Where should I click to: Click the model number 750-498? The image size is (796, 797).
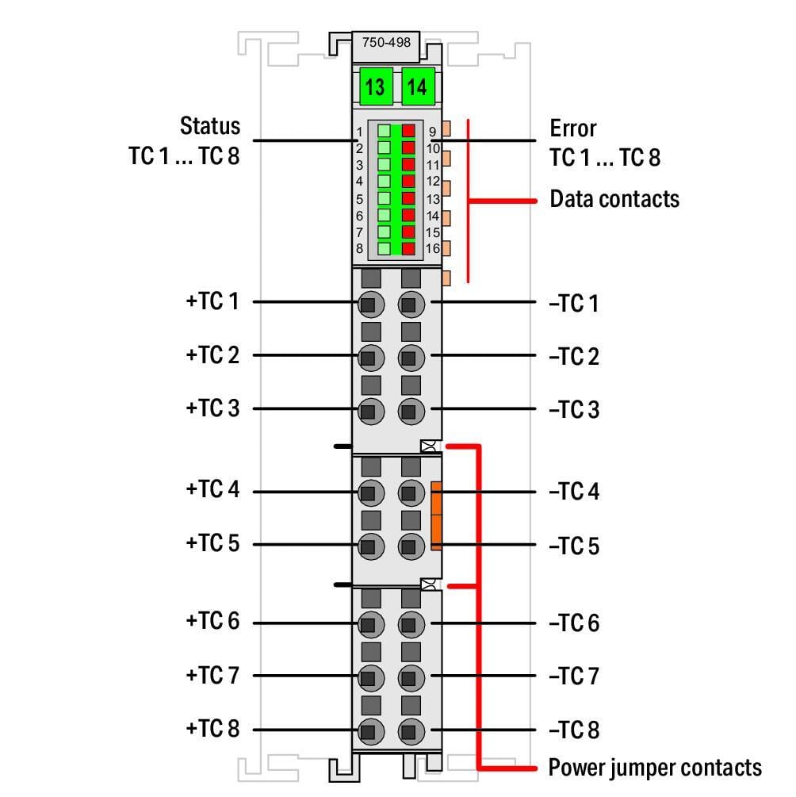[386, 42]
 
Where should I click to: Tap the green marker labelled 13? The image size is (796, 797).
[376, 86]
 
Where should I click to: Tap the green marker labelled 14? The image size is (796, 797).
[418, 86]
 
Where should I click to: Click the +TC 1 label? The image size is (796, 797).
[212, 301]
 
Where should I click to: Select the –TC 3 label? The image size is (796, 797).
[574, 409]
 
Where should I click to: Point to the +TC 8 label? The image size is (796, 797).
[212, 728]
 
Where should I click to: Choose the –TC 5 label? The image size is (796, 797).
[574, 546]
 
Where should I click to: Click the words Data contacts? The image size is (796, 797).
[614, 199]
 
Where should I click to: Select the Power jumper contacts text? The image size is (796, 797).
[655, 768]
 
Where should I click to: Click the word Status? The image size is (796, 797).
[210, 125]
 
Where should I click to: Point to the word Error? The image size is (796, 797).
[573, 128]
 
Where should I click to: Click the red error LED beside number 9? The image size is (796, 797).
[408, 131]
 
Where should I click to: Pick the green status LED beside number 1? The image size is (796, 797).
[385, 131]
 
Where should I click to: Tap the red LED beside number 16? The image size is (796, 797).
[408, 248]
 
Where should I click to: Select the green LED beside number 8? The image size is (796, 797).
[385, 248]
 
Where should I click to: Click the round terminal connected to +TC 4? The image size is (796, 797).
[371, 492]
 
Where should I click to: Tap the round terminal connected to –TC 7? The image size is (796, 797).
[411, 678]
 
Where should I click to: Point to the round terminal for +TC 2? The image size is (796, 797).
[371, 358]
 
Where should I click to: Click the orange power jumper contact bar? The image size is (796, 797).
[436, 516]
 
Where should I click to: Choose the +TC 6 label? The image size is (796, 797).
[212, 621]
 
